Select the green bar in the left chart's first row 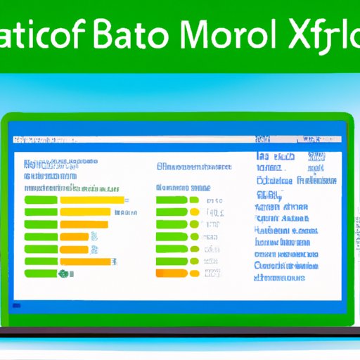pyautogui.click(x=41, y=200)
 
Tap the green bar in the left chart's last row pyautogui.click(x=41, y=273)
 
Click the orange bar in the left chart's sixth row pyautogui.click(x=86, y=261)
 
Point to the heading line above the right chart pyautogui.click(x=193, y=167)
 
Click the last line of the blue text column pyautogui.click(x=279, y=278)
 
